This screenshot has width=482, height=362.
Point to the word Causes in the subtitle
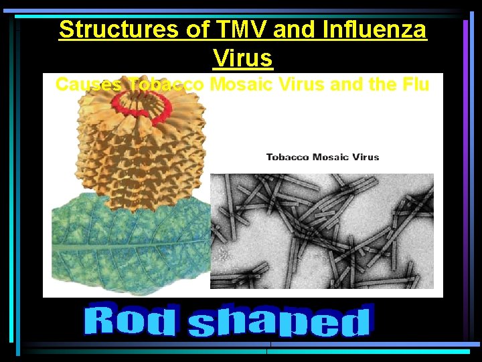[x=89, y=84]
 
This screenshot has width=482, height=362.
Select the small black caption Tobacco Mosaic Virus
[x=323, y=157]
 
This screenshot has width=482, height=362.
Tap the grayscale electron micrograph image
[x=322, y=231]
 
